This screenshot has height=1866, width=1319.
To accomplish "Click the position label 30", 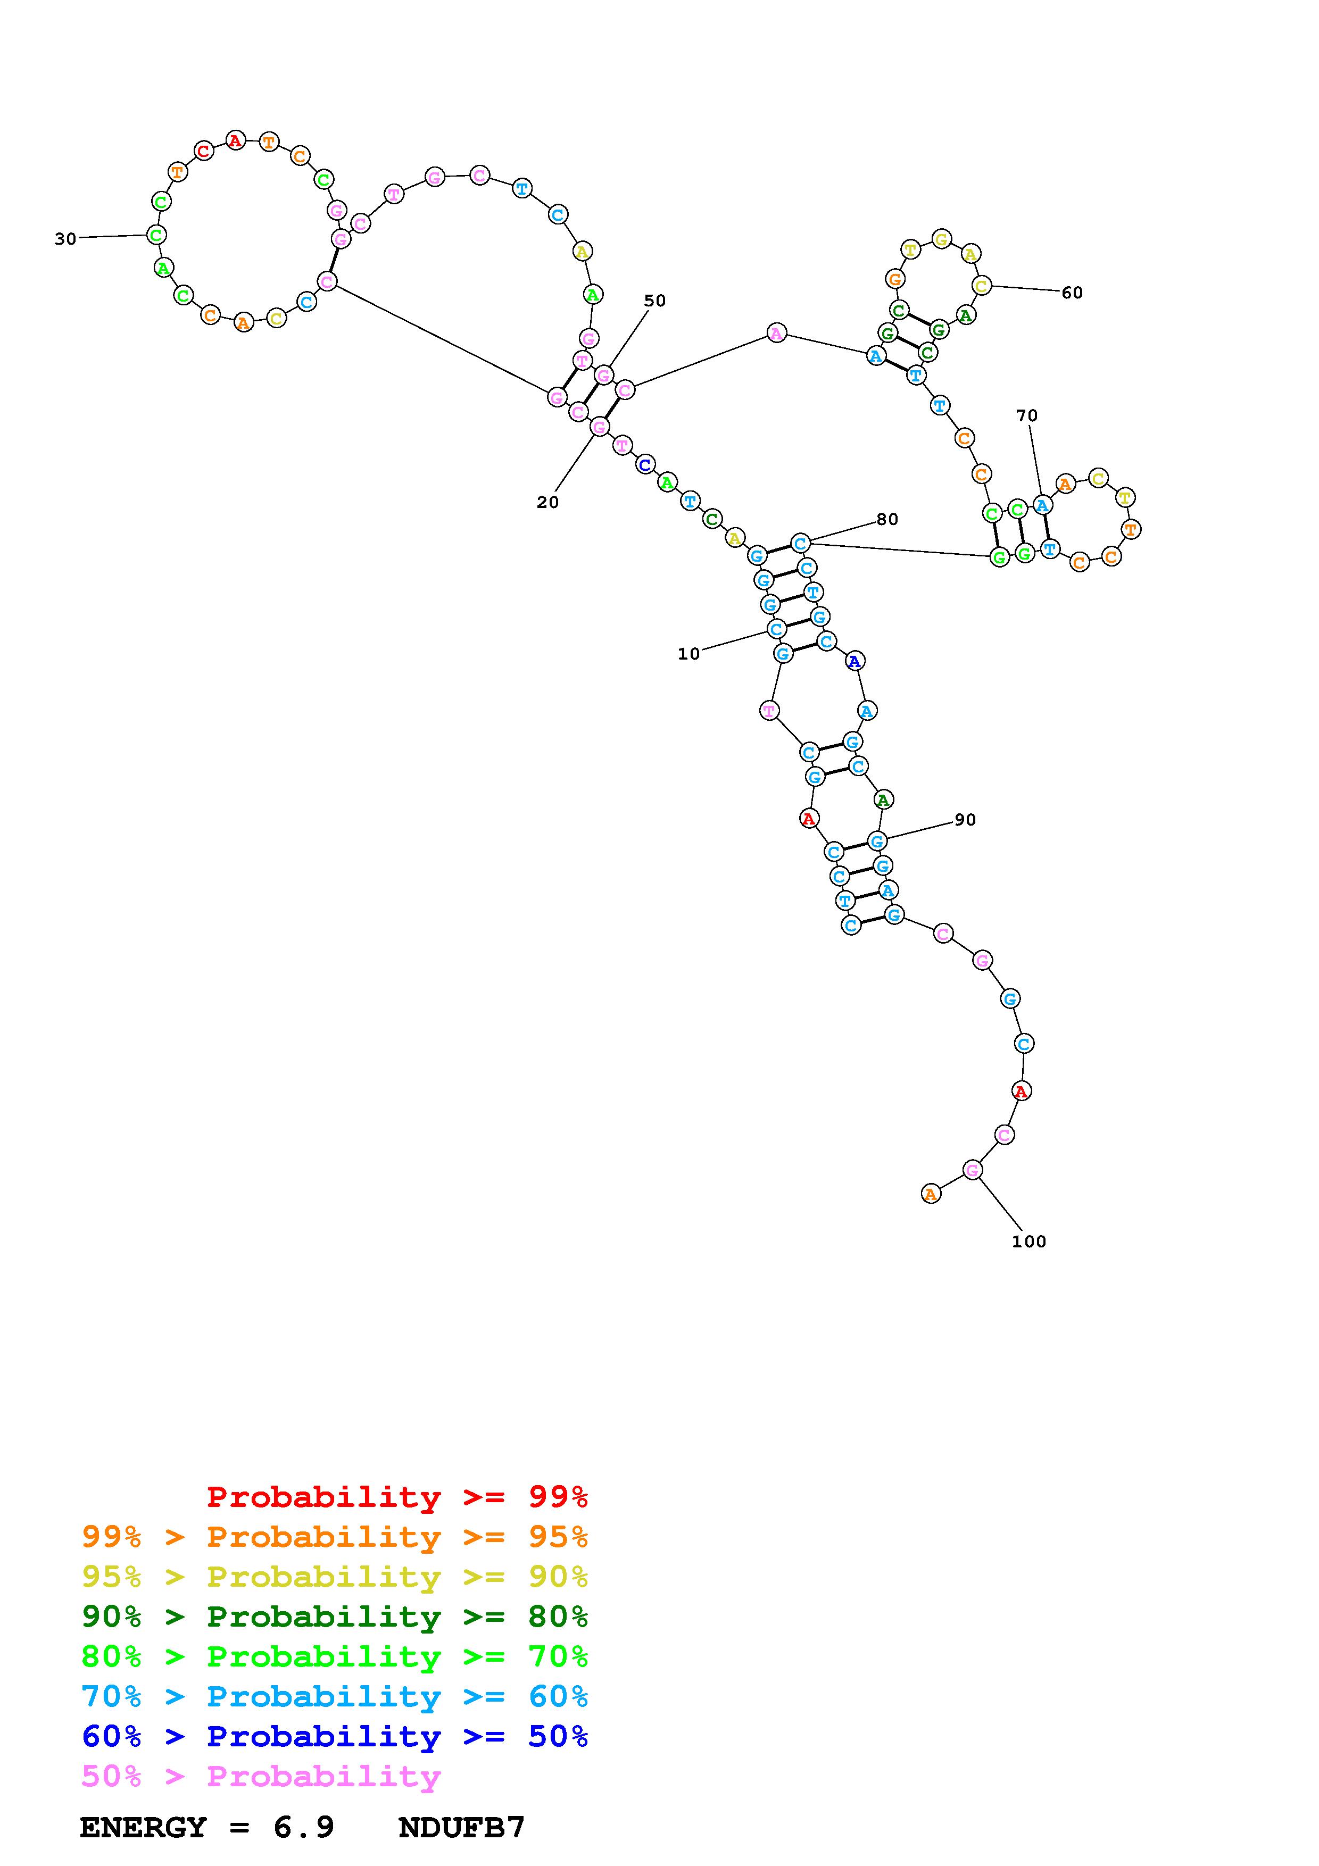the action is tap(65, 239).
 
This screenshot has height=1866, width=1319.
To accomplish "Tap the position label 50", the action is tap(654, 301).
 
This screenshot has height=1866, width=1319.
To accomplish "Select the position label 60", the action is tap(1072, 293).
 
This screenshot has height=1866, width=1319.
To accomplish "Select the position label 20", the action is tap(547, 502).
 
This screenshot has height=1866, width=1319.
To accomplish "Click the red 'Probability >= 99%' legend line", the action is tap(396, 1497).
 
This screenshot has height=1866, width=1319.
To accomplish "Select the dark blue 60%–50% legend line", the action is tap(334, 1736).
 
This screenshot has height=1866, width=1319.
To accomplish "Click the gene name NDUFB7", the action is tap(462, 1828).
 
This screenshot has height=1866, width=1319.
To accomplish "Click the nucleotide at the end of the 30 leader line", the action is tap(157, 235).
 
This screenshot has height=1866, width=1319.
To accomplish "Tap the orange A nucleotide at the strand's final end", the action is tap(931, 1194).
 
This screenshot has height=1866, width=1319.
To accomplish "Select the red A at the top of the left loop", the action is tap(235, 140).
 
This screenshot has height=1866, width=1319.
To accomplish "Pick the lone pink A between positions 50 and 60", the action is tap(777, 333).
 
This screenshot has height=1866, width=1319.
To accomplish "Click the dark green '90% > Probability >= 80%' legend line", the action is tap(334, 1617).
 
